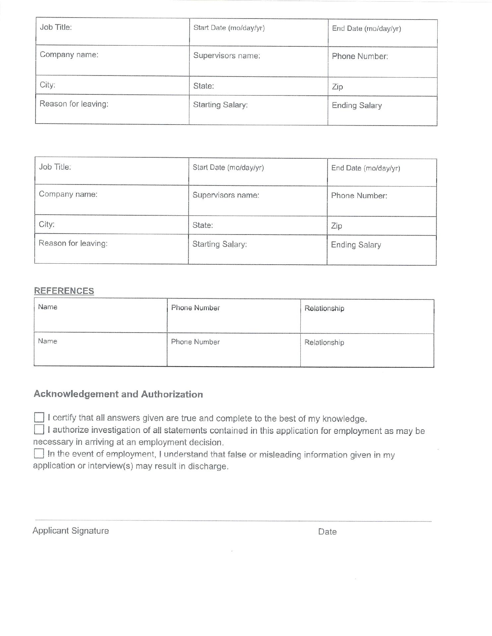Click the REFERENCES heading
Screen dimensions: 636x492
[64, 291]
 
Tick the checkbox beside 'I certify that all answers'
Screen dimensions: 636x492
[39, 417]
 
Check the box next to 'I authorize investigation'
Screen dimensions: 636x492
[39, 430]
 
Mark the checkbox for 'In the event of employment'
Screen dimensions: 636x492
[39, 453]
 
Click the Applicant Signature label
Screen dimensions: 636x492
[71, 531]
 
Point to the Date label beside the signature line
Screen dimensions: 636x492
[327, 532]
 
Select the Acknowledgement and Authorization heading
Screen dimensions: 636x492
[118, 394]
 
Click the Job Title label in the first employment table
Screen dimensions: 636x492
[56, 27]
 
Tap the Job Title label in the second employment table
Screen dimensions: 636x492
[55, 167]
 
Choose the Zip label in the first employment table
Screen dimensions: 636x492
[337, 87]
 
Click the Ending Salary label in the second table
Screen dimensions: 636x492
[356, 245]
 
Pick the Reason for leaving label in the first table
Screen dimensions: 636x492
[74, 104]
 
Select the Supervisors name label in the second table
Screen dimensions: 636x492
[226, 195]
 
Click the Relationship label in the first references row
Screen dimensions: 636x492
[324, 308]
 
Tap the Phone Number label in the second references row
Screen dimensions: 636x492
[195, 342]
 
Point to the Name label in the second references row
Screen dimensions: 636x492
[47, 341]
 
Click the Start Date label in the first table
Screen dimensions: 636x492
[229, 28]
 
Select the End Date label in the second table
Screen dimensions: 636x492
[366, 168]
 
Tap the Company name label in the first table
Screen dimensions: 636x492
[69, 55]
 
